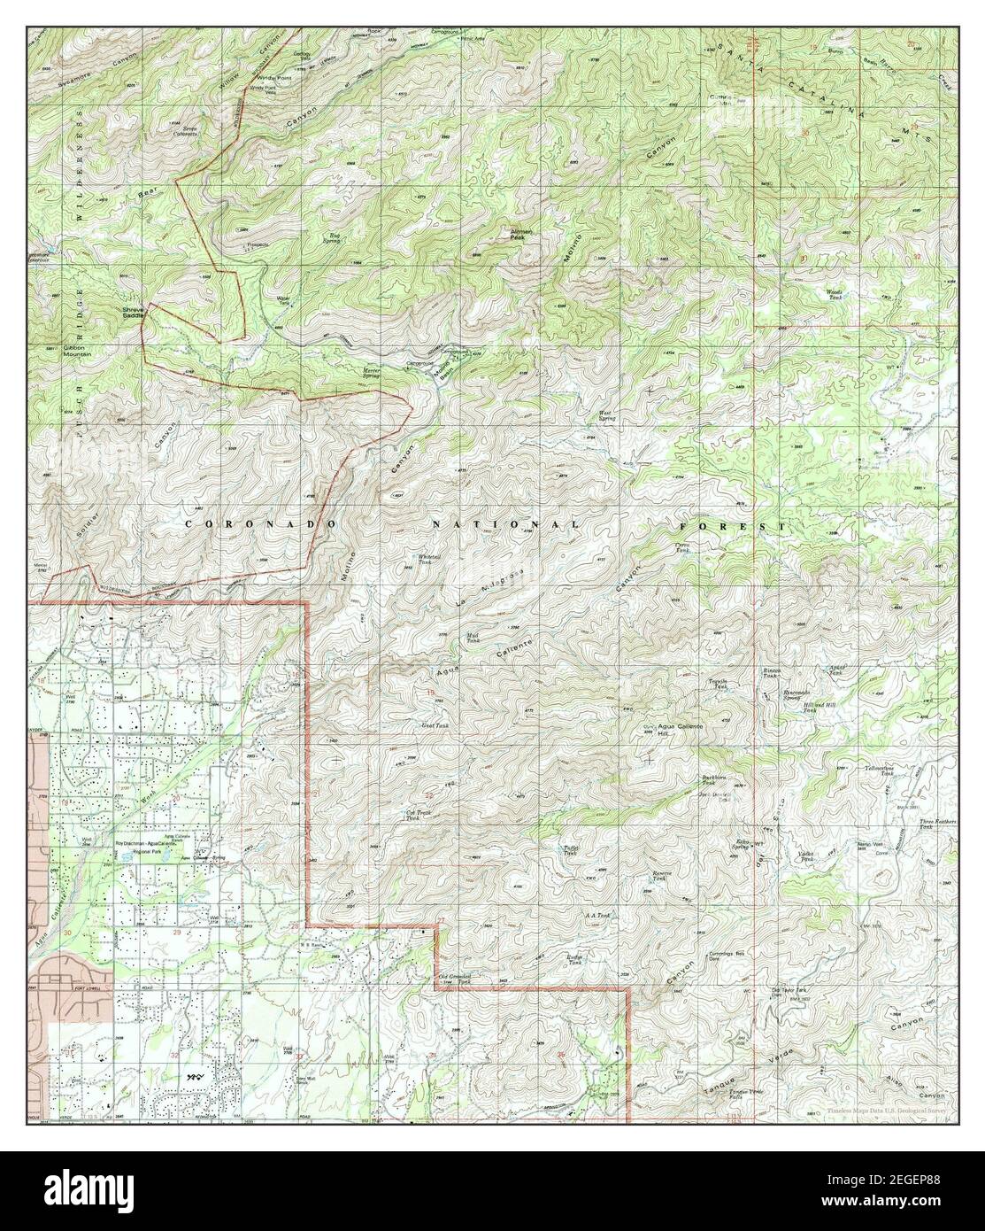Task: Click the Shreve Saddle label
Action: (132, 312)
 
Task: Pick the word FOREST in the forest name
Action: (758, 526)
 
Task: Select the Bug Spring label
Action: (330, 237)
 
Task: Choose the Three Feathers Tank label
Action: (939, 824)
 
